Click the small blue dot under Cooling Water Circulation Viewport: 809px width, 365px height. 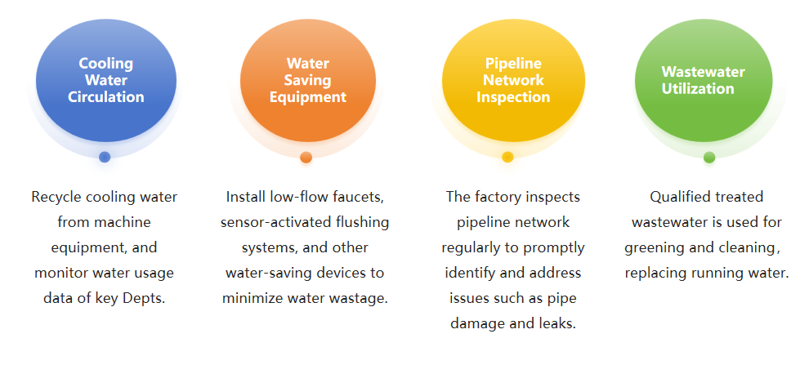(105, 157)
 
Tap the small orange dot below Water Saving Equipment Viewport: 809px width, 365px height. (306, 157)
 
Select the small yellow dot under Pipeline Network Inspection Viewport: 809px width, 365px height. (507, 157)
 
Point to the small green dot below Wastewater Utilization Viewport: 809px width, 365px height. (708, 157)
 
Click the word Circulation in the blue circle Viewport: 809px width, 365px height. (105, 97)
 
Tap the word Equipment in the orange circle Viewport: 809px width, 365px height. (307, 97)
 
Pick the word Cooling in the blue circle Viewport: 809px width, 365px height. (105, 63)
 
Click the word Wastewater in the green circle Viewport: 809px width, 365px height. (703, 72)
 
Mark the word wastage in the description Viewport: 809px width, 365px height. (360, 298)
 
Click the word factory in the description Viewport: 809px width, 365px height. (501, 197)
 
